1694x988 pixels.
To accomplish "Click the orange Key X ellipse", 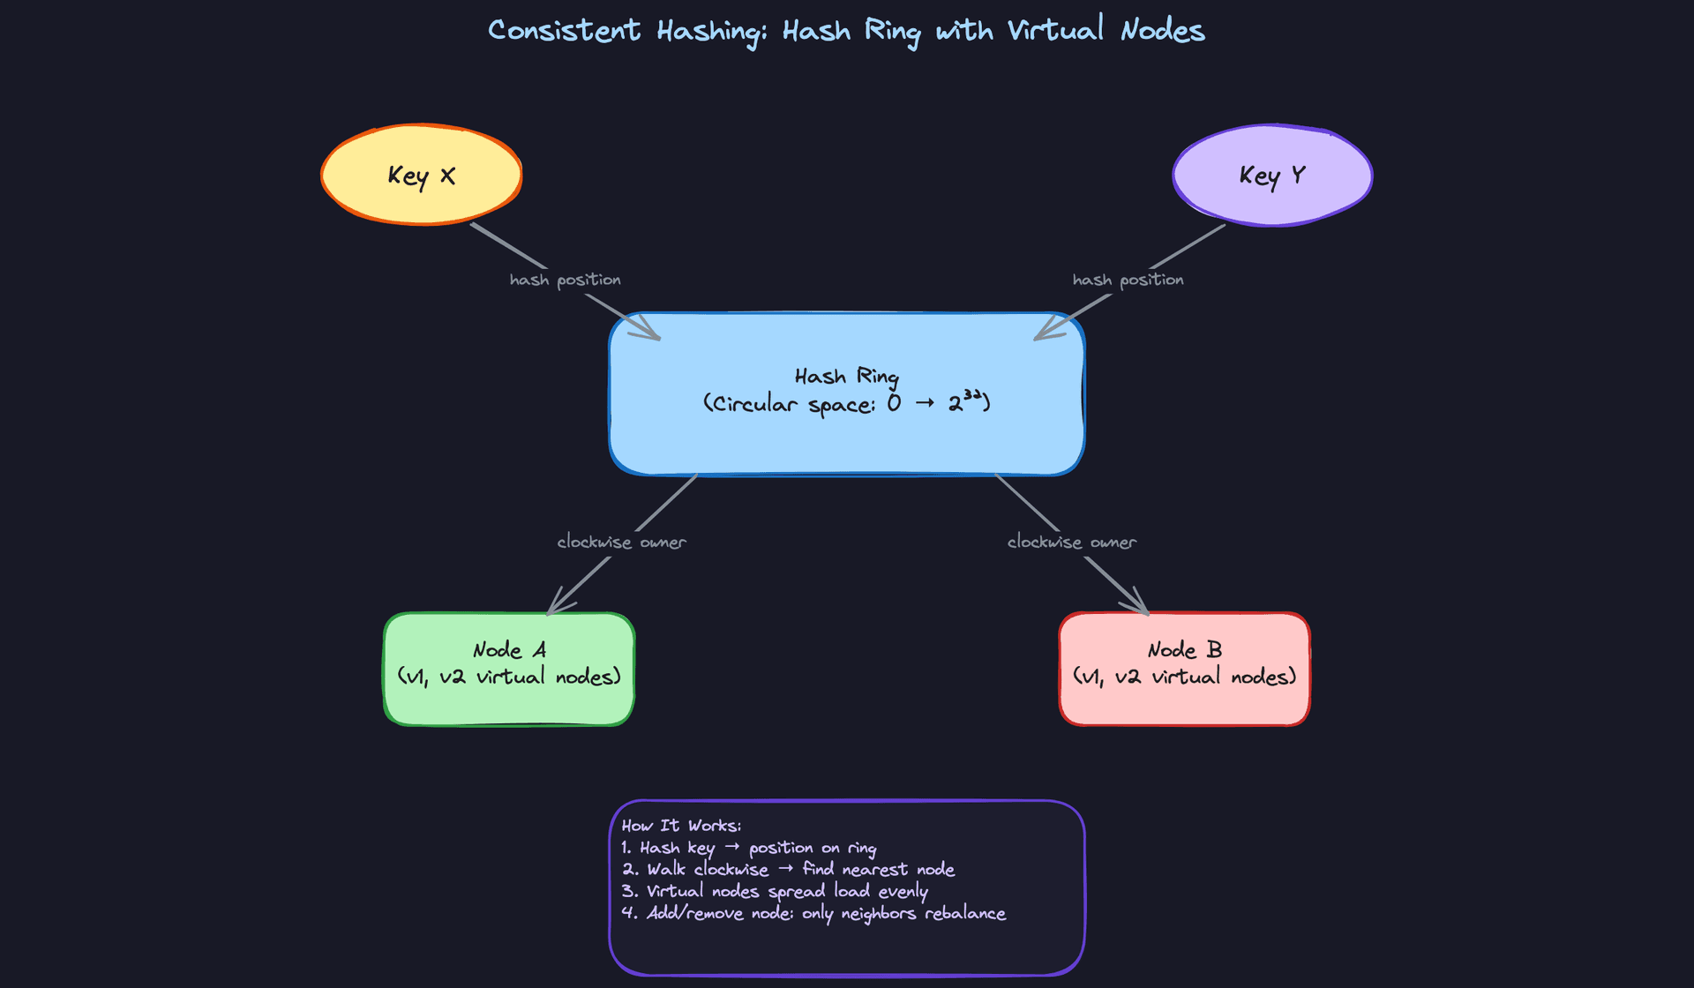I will coord(421,175).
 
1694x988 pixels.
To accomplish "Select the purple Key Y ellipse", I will coord(1271,175).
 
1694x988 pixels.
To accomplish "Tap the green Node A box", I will coord(509,669).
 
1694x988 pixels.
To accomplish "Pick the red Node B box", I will coord(1184,669).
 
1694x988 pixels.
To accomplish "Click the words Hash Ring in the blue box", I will coord(846,377).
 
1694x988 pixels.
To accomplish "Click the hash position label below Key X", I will coord(565,280).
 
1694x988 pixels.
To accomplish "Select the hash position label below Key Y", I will coord(1128,280).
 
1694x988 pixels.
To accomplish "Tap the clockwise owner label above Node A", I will coord(621,542).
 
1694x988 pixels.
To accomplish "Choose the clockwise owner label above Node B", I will coord(1071,542).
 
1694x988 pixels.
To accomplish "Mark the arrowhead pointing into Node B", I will coord(1142,608).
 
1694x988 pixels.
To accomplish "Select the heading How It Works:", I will coord(681,826).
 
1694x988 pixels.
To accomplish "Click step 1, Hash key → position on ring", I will coord(748,848).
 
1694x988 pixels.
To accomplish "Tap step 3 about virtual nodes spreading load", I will coord(774,891).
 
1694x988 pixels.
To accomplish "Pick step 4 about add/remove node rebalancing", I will coord(813,913).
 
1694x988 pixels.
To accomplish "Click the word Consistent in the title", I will coord(564,31).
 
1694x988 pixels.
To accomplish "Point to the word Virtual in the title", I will coord(1055,31).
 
